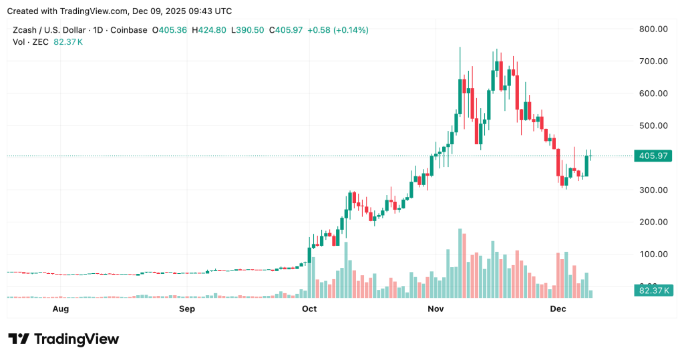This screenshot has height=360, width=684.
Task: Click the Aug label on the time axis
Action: pos(60,309)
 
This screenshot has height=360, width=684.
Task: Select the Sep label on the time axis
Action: pos(187,309)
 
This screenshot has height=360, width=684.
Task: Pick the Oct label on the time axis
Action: pos(309,309)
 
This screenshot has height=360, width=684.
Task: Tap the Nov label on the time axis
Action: pos(436,309)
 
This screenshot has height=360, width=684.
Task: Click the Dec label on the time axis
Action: pos(558,309)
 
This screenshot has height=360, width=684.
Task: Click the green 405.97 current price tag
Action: pos(653,156)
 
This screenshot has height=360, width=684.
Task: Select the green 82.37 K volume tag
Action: pos(653,290)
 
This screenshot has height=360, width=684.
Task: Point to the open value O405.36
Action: pos(170,30)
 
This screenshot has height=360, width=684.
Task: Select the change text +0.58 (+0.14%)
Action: pos(338,30)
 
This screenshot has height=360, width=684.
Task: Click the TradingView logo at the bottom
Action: pos(63,339)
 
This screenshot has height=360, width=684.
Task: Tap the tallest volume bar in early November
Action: pos(460,263)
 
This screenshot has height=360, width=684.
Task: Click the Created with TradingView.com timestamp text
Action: pos(120,11)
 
